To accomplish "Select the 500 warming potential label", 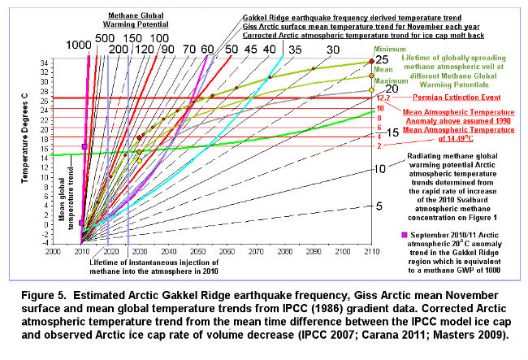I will tap(104, 37).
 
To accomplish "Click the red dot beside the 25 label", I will tap(371, 61).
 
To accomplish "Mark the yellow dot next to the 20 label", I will tap(371, 90).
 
